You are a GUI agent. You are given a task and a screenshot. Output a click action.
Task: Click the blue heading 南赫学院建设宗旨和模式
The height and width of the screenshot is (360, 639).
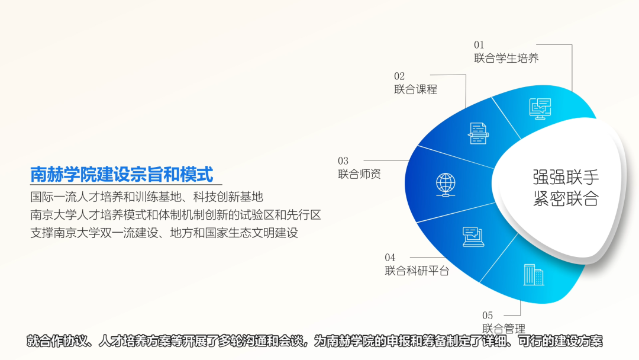point(122,174)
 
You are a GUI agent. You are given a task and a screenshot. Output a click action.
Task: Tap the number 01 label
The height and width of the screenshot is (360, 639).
point(479,45)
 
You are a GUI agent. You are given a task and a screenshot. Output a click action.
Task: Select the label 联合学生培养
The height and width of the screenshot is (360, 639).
point(506,58)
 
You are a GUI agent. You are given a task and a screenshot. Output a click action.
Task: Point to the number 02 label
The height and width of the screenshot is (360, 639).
point(399,76)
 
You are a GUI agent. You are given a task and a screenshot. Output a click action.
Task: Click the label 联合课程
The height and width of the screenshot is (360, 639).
point(416,89)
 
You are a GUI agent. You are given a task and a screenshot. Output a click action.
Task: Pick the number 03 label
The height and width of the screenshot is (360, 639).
point(343,161)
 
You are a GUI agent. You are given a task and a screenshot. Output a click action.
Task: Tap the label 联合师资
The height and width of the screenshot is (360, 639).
point(360,174)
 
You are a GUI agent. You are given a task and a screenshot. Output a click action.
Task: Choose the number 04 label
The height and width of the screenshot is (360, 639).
point(390,258)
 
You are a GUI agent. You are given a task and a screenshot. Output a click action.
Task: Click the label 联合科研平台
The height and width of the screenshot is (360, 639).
point(417,271)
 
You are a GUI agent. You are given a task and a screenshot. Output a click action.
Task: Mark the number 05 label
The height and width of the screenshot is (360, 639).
point(488,316)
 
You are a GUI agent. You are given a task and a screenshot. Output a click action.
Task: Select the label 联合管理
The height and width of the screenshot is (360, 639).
point(504,328)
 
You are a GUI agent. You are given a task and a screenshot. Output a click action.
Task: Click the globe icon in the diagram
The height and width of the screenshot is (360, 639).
point(446,185)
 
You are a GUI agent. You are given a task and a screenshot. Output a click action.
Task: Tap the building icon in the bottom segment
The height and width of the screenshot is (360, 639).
point(534,274)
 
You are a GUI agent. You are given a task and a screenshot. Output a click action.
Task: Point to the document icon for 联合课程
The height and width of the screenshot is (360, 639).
point(478,133)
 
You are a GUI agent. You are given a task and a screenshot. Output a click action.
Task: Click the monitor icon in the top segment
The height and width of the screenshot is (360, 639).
point(540,109)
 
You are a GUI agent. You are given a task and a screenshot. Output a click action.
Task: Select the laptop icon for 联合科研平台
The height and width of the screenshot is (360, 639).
point(473,237)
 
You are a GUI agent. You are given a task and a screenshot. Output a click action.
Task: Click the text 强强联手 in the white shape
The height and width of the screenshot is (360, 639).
point(566,178)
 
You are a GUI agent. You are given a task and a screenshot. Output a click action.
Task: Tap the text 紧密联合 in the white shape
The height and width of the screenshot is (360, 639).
point(566,199)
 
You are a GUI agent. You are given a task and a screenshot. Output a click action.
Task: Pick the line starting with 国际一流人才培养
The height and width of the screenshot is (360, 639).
point(147,197)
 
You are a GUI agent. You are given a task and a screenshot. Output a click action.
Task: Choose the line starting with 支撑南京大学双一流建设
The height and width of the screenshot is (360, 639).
point(164,233)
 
